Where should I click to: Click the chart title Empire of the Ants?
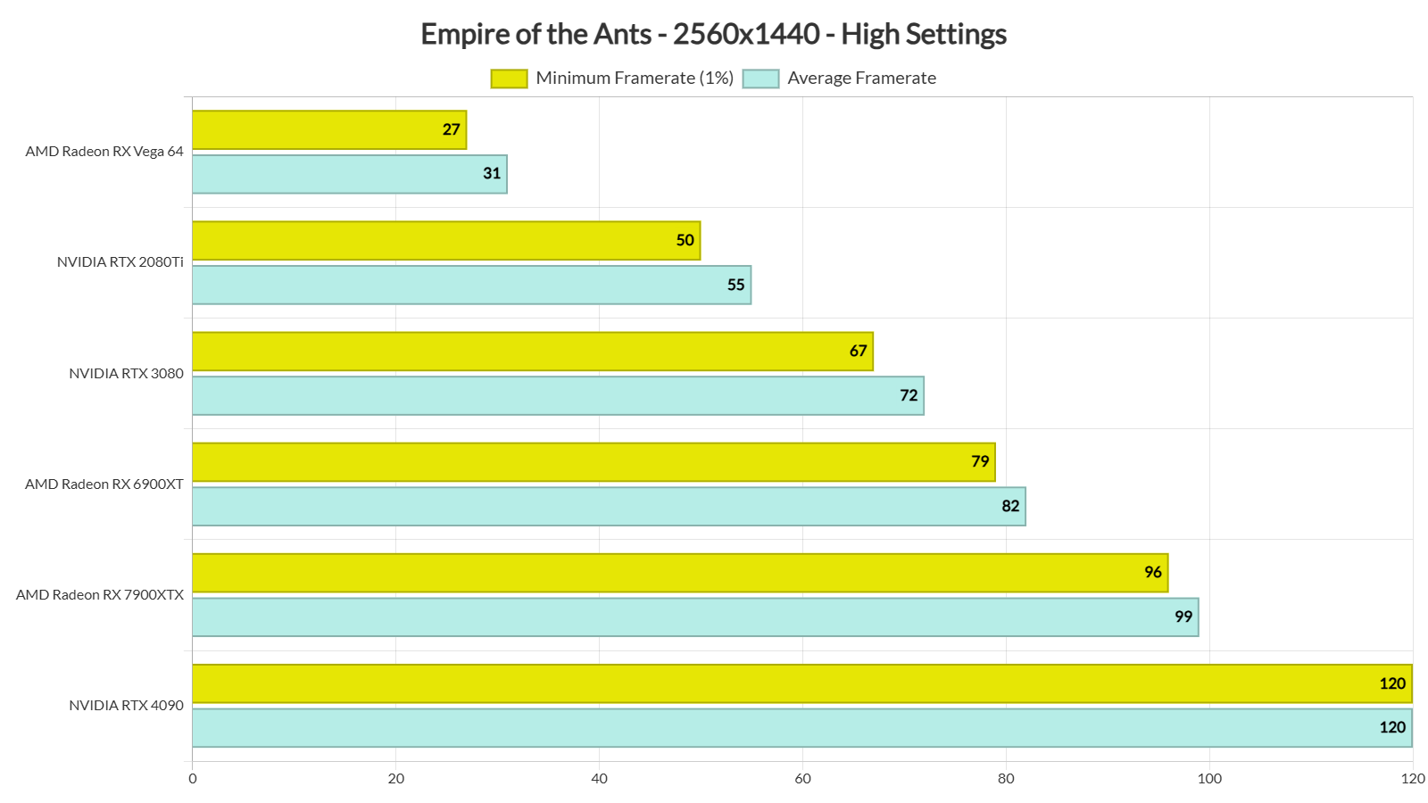[x=713, y=34]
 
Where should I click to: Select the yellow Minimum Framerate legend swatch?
[x=509, y=79]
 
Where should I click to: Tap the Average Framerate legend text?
[x=861, y=79]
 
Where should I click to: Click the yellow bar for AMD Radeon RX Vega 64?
[x=328, y=130]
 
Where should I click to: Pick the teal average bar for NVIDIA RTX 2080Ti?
[x=471, y=286]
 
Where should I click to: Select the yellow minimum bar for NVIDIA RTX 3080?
[x=532, y=352]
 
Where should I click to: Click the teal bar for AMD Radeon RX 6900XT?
[x=609, y=507]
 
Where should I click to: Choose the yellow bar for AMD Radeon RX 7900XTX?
[x=679, y=573]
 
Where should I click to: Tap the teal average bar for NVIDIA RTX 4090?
[x=801, y=728]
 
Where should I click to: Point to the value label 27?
[x=452, y=130]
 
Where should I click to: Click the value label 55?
[x=735, y=286]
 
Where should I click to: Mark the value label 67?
[x=859, y=352]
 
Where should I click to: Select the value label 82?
[x=1010, y=507]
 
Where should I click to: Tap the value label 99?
[x=1183, y=617]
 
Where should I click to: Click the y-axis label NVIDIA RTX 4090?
[x=126, y=706]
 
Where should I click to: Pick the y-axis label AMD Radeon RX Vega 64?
[x=104, y=152]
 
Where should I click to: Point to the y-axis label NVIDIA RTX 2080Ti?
[x=120, y=262]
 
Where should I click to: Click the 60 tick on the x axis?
[x=802, y=779]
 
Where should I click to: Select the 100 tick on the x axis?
[x=1209, y=779]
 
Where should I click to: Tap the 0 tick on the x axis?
[x=193, y=779]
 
